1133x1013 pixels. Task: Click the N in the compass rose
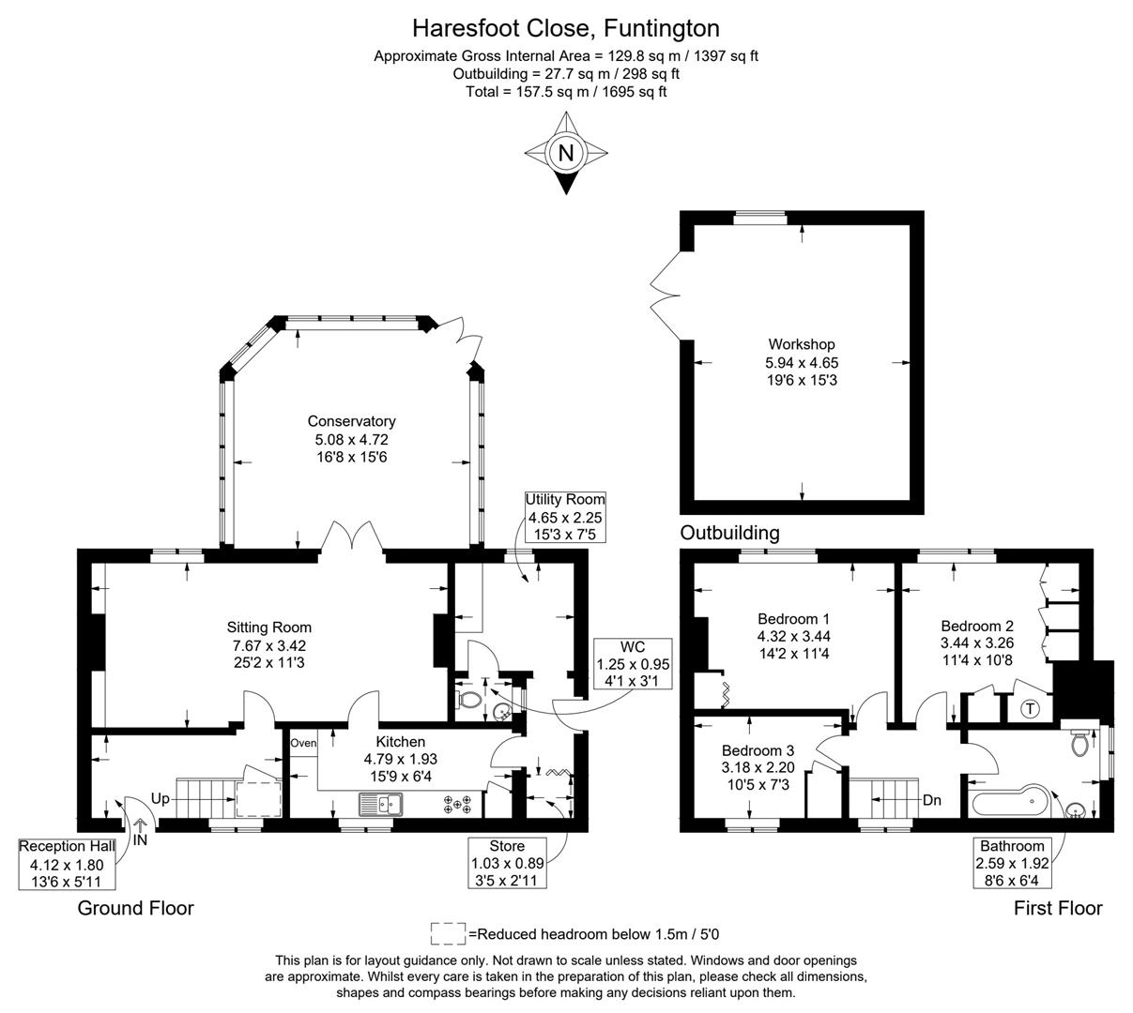coord(566,153)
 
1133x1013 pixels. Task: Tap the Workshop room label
coord(801,344)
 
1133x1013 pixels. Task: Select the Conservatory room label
coord(351,421)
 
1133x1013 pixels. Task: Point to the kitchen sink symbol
coord(380,804)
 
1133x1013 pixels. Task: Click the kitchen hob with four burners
coord(459,804)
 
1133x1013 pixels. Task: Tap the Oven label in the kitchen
coord(303,743)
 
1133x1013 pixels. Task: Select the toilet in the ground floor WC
coord(468,700)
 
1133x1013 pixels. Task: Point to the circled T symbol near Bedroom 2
coord(1030,708)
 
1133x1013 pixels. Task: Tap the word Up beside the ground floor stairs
coord(161,800)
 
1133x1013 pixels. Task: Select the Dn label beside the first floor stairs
coord(932,800)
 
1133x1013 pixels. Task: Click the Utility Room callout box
coord(565,517)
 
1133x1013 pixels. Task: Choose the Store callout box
coord(507,863)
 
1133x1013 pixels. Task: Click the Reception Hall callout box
coord(68,864)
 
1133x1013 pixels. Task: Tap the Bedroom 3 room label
coord(758,750)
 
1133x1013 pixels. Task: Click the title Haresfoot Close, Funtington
coord(566,28)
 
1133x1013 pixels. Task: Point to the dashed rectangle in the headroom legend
coord(448,933)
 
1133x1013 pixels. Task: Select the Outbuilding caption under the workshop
coord(729,533)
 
